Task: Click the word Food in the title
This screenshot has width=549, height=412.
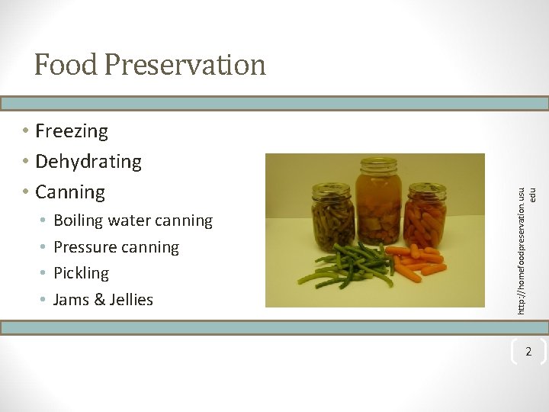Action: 66,65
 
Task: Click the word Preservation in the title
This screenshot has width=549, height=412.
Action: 185,65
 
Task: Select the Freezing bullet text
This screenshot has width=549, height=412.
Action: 72,131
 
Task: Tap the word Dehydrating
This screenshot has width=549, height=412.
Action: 88,162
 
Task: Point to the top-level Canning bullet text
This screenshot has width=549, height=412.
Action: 70,192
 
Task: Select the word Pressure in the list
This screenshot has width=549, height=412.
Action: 85,247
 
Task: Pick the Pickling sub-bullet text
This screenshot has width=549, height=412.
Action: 82,273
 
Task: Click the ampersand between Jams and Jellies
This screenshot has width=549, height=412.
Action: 98,300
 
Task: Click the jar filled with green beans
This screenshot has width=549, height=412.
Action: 332,217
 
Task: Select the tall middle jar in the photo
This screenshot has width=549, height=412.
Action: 379,202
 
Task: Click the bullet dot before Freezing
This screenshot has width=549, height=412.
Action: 26,131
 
